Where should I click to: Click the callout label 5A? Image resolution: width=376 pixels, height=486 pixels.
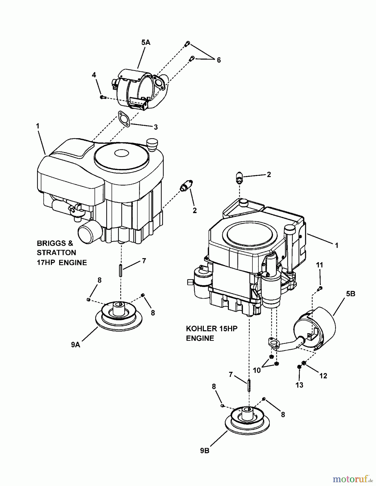pyautogui.click(x=145, y=42)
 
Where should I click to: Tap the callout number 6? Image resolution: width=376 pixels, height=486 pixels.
pyautogui.click(x=218, y=60)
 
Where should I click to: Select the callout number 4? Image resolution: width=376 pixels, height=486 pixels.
pyautogui.click(x=94, y=75)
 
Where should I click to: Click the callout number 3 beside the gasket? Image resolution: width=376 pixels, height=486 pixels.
pyautogui.click(x=155, y=127)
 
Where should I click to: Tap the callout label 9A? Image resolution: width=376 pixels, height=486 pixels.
pyautogui.click(x=76, y=345)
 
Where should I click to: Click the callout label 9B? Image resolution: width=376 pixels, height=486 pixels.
pyautogui.click(x=205, y=451)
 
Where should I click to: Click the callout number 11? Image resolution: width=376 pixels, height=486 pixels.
pyautogui.click(x=320, y=265)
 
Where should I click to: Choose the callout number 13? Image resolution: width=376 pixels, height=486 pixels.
pyautogui.click(x=300, y=385)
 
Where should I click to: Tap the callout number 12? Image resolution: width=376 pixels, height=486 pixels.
pyautogui.click(x=323, y=376)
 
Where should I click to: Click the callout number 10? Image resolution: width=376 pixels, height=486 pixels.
pyautogui.click(x=257, y=370)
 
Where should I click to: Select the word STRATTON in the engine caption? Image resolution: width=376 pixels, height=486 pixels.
pyautogui.click(x=56, y=253)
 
